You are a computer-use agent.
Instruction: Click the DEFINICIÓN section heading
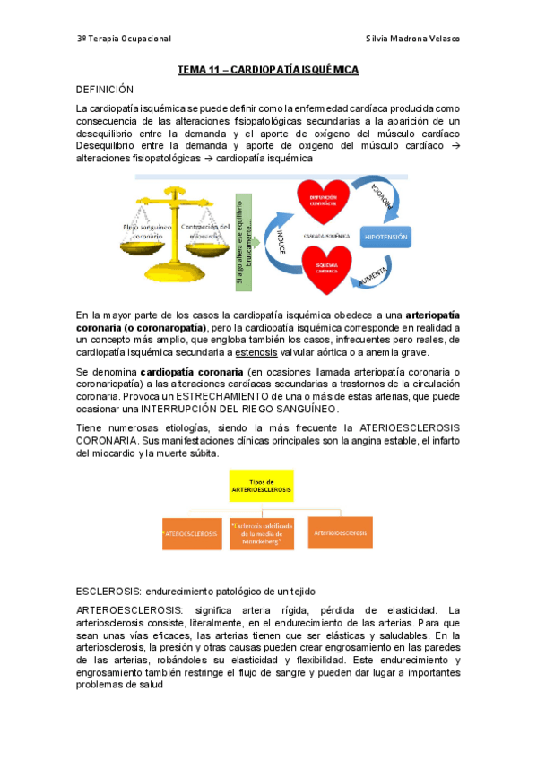105,90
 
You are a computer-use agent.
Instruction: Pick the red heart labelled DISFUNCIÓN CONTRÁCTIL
323,200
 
